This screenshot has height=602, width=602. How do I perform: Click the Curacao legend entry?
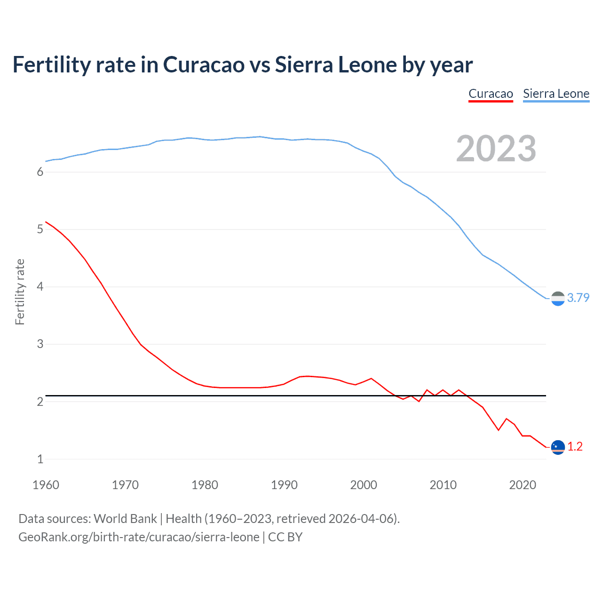pos(491,94)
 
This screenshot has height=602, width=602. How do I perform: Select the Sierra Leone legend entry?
pos(556,94)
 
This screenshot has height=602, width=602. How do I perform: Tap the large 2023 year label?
pos(496,149)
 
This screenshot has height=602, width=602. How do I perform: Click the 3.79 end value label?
pos(578,298)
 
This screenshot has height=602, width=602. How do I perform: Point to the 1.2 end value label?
pos(575,446)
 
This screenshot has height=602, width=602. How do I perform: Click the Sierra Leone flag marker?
pos(558,299)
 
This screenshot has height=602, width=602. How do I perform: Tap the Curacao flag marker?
pos(558,447)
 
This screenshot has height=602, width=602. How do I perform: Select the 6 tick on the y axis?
pos(40,172)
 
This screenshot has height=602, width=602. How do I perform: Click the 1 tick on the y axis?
pos(40,459)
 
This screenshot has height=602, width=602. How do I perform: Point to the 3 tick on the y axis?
pos(40,344)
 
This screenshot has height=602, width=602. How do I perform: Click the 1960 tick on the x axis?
pos(46,485)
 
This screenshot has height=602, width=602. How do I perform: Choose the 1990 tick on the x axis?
pos(284,485)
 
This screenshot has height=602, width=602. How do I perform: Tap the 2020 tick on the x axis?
pos(523,485)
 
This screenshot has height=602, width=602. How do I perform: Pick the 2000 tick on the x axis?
pos(364,485)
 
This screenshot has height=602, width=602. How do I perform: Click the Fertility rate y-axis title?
pos(20,292)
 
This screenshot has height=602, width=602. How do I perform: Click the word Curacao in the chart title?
pos(204,65)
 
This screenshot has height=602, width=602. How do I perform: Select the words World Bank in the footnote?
pos(125,519)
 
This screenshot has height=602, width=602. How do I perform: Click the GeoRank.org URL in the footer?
pos(139,537)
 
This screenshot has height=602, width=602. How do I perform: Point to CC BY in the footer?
pos(285,537)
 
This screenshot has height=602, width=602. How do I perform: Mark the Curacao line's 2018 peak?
pos(507,419)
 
